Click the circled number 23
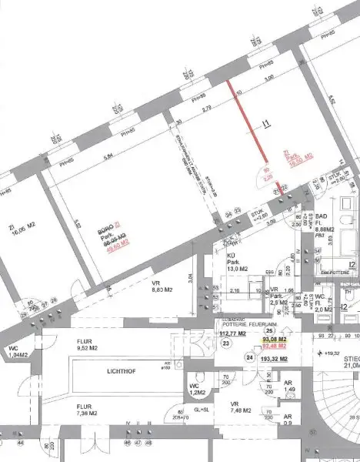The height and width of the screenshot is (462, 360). click(x=226, y=344)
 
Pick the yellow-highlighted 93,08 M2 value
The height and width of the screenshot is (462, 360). click(x=275, y=340)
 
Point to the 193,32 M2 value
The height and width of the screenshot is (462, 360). click(x=274, y=359)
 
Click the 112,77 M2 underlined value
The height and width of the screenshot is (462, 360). click(x=232, y=334)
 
